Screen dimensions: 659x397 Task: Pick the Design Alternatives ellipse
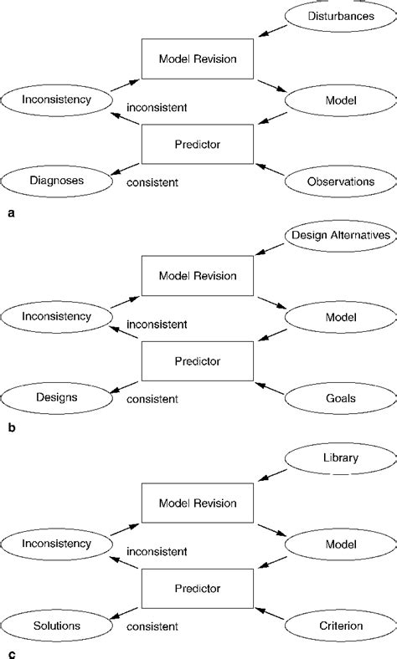(340, 236)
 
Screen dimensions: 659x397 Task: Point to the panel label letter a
(10, 213)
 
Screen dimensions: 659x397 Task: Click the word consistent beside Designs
(152, 400)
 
